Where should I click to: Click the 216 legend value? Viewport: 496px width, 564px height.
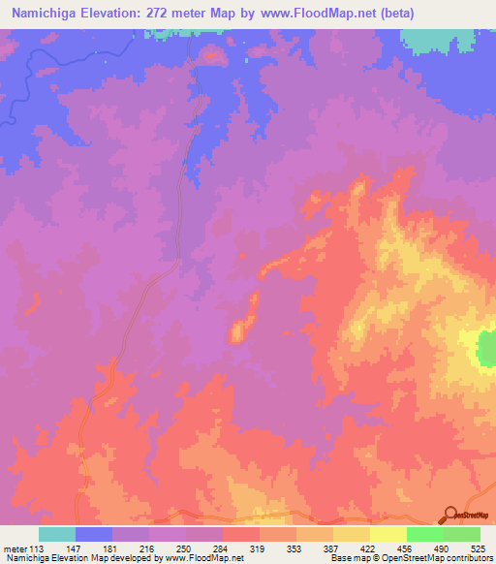[148, 548]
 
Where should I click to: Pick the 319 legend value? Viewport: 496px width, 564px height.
[259, 548]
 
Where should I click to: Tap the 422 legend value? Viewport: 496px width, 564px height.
[369, 548]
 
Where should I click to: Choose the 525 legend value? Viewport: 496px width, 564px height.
[479, 548]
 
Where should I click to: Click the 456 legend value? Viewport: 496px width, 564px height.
[406, 548]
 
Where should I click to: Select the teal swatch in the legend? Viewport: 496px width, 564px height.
[57, 534]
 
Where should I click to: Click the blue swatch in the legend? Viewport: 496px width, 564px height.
[94, 534]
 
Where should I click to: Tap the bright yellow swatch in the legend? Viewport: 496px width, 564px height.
[387, 534]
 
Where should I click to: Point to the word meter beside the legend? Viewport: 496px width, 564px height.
[14, 548]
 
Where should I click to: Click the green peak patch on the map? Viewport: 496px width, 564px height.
[485, 348]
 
